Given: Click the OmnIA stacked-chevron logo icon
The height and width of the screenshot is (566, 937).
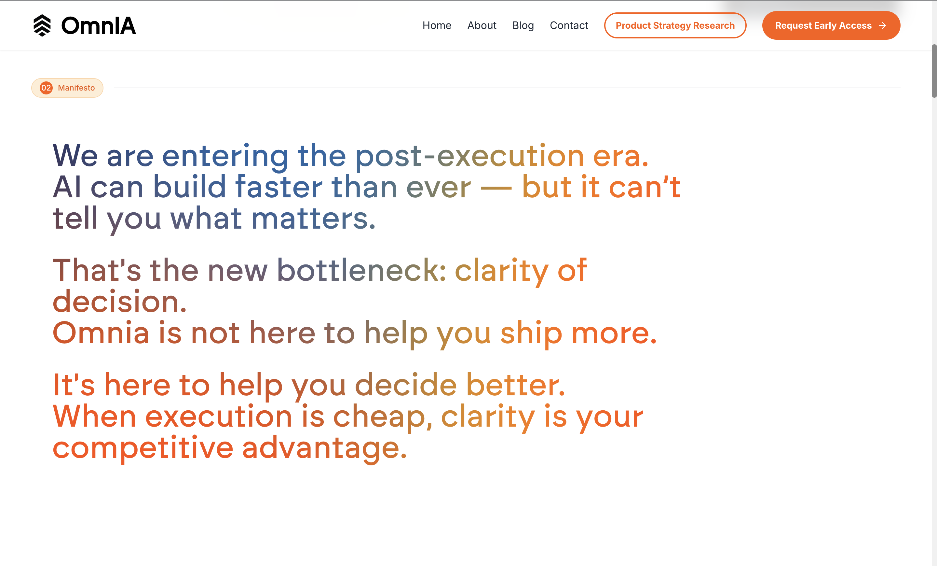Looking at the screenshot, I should (x=42, y=25).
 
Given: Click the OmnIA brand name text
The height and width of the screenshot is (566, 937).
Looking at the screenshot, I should (x=99, y=26).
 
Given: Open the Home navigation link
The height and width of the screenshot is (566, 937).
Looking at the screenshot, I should (x=437, y=25).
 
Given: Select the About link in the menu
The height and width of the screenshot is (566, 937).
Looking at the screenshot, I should (x=482, y=25).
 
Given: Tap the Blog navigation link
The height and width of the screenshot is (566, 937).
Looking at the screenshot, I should (x=523, y=25).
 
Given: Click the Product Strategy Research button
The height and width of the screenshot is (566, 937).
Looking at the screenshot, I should (x=675, y=25).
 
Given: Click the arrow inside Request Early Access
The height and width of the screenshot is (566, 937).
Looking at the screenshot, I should (x=883, y=25).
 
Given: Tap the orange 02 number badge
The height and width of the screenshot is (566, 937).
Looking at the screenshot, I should (x=46, y=88).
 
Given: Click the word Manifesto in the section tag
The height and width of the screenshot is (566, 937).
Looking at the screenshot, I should (x=76, y=88).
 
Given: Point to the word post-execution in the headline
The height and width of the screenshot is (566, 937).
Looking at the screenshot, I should (x=469, y=156).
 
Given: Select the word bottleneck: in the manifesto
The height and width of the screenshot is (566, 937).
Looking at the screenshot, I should (x=361, y=270).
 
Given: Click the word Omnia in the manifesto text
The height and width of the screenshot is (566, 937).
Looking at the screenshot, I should (x=101, y=333).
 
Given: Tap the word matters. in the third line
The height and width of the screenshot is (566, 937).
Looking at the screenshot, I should (x=313, y=219).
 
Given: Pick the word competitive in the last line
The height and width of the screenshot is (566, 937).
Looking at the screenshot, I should (x=143, y=448).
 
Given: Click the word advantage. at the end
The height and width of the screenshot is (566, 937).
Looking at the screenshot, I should (x=324, y=448).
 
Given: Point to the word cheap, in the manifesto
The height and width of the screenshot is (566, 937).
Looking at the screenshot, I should (x=383, y=417).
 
